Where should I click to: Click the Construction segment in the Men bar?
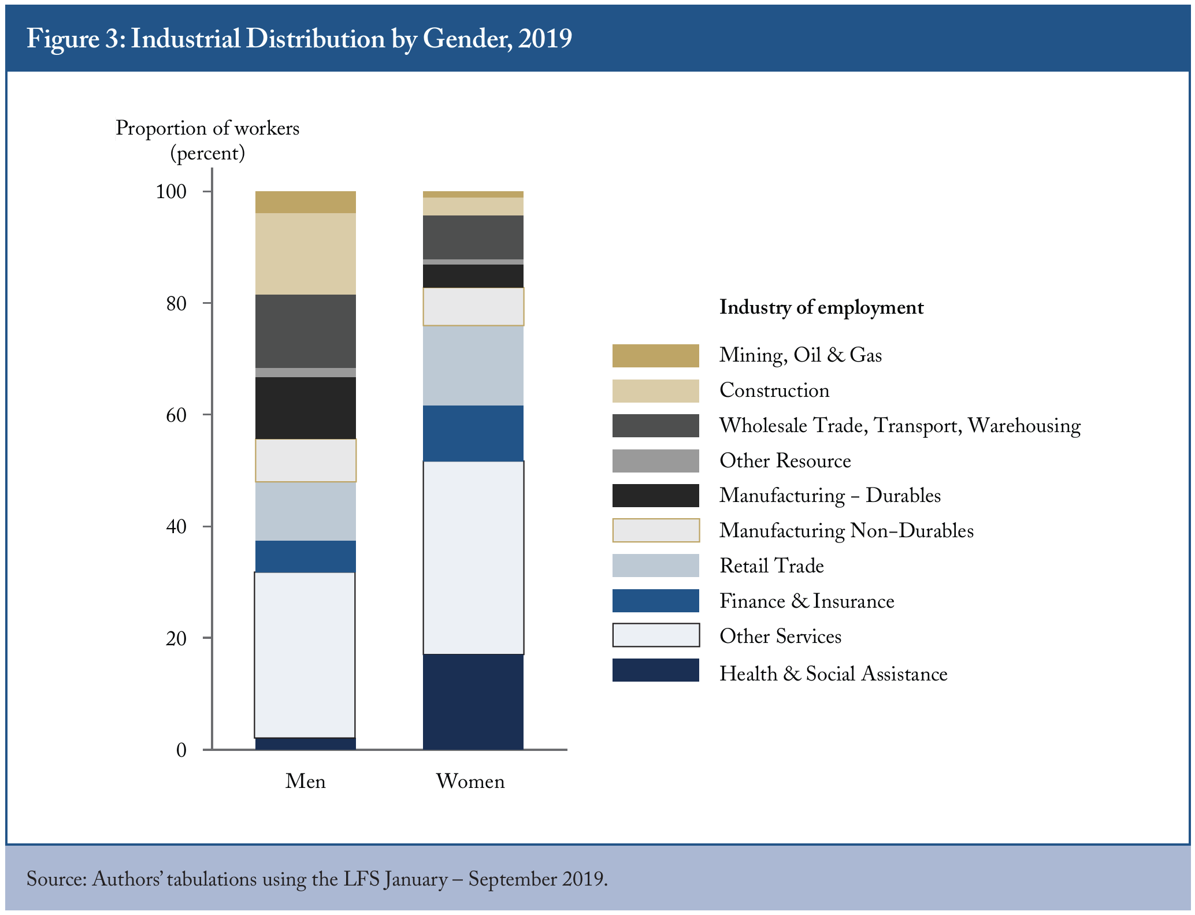pyautogui.click(x=305, y=254)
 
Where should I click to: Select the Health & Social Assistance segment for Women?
pyautogui.click(x=473, y=702)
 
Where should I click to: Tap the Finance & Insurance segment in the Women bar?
pyautogui.click(x=473, y=433)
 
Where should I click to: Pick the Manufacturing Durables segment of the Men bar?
pyautogui.click(x=305, y=408)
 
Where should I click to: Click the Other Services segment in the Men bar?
pyautogui.click(x=305, y=655)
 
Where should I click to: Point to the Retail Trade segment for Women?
pyautogui.click(x=473, y=366)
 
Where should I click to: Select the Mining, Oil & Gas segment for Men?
pyautogui.click(x=305, y=202)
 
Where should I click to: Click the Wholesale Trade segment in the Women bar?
pyautogui.click(x=473, y=237)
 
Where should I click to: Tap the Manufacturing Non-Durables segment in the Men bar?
pyautogui.click(x=305, y=460)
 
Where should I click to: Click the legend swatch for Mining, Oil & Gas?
pyautogui.click(x=656, y=355)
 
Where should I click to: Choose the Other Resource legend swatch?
pyautogui.click(x=656, y=461)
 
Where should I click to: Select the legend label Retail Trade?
pyautogui.click(x=771, y=566)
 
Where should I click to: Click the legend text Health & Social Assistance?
pyautogui.click(x=833, y=674)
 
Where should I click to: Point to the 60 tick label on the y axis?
pyautogui.click(x=176, y=415)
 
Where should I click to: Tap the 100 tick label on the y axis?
pyautogui.click(x=171, y=192)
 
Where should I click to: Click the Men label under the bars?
pyautogui.click(x=305, y=781)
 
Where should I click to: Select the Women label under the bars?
pyautogui.click(x=470, y=781)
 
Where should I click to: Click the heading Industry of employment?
pyautogui.click(x=821, y=307)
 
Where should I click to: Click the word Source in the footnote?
pyautogui.click(x=56, y=879)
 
